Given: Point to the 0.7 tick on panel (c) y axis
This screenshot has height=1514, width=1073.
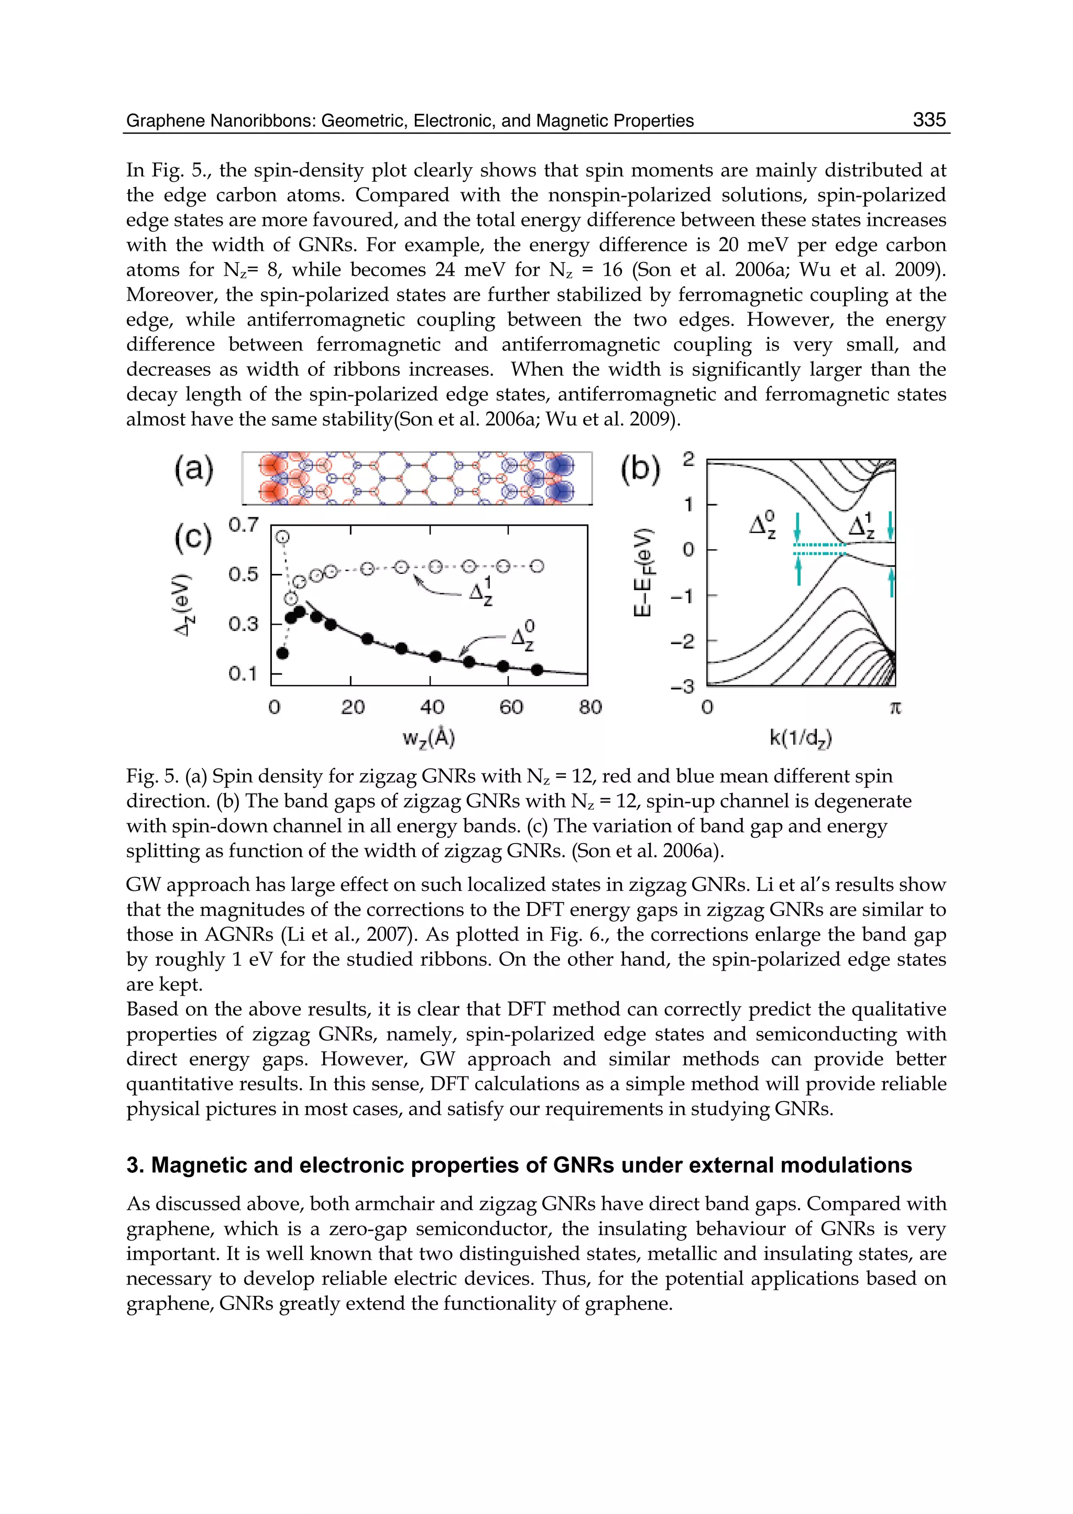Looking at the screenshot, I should [243, 526].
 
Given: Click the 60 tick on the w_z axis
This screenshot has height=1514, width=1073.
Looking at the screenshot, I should [511, 708].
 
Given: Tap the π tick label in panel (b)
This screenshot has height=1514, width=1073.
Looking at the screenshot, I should [895, 709].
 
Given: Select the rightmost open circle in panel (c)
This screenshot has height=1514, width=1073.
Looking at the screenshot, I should [538, 567].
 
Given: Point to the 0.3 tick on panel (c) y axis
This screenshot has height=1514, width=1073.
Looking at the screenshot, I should [243, 624].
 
